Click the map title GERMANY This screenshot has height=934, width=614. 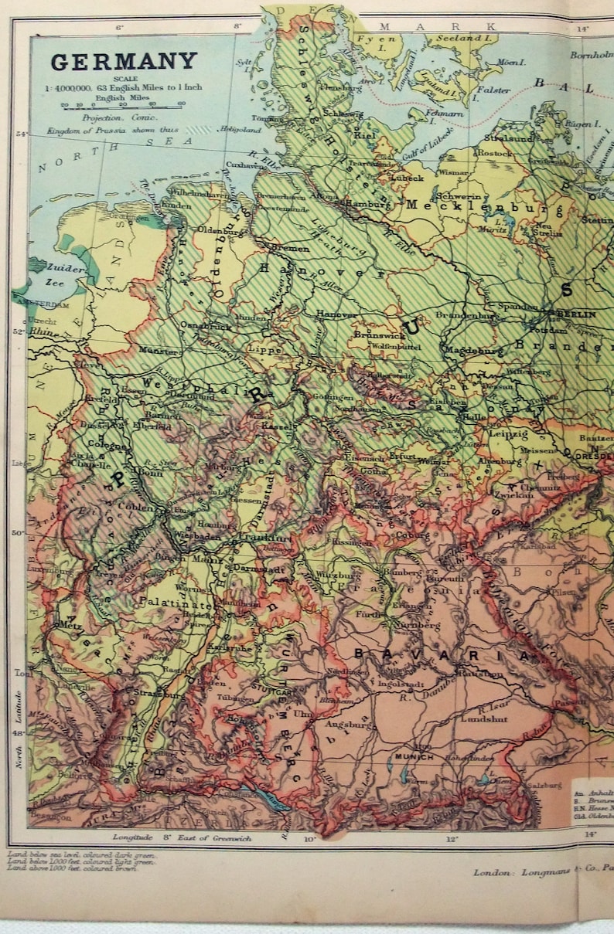124,61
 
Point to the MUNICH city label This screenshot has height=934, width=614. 414,757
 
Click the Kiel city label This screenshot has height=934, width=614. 363,135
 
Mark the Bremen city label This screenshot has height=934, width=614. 289,249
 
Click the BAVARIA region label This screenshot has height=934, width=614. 442,655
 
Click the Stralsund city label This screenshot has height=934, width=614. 509,139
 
